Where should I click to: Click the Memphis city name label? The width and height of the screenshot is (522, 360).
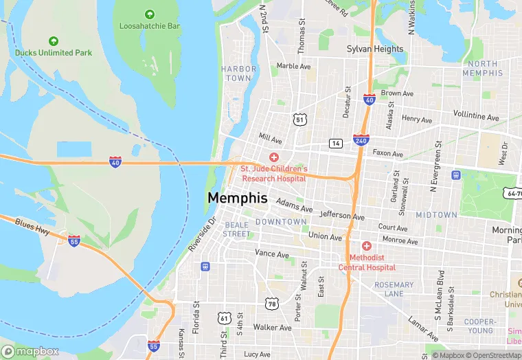tap(237, 198)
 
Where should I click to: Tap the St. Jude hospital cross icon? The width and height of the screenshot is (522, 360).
tap(273, 157)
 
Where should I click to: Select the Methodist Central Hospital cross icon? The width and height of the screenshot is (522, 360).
tap(366, 246)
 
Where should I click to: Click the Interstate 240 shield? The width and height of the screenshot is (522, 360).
tap(361, 139)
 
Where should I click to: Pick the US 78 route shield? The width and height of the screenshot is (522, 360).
tap(273, 304)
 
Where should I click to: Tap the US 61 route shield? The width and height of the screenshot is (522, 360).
tap(224, 317)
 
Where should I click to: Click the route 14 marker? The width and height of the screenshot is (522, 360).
tap(335, 143)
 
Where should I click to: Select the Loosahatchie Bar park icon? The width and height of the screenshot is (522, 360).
tap(150, 14)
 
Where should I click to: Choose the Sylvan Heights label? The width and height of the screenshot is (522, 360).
tap(374, 49)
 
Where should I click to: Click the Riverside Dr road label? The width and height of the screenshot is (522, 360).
tap(202, 234)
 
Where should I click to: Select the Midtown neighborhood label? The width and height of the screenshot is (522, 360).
tap(436, 215)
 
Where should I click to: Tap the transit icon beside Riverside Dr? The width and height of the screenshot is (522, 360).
tap(205, 267)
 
